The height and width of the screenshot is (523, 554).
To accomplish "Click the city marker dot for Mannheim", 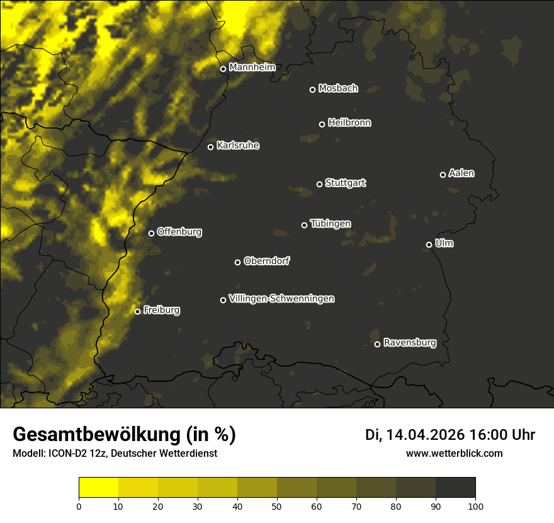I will [x=223, y=69].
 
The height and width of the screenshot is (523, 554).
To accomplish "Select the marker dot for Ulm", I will [x=429, y=244].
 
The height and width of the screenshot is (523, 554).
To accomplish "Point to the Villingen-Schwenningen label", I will [x=281, y=299].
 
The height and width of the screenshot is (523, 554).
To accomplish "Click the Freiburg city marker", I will [x=137, y=311].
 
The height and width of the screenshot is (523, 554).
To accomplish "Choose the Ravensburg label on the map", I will [x=409, y=343].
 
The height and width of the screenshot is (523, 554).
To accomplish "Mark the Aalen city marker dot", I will [x=443, y=175].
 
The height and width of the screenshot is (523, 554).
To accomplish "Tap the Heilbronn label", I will [x=349, y=123].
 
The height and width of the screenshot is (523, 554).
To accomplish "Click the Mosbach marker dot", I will [x=312, y=89].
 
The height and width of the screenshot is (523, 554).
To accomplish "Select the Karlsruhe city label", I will [x=237, y=146].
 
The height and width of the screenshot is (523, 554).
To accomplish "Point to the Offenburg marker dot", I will [x=151, y=233].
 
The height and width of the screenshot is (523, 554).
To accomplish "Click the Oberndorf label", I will [x=266, y=261].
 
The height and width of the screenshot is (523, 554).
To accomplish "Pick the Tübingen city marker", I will [x=304, y=225].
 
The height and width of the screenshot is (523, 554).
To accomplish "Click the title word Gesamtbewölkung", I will [x=95, y=434].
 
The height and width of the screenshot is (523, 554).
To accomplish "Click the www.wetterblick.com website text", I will [x=454, y=453].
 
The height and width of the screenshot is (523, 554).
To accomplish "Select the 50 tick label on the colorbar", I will [x=277, y=505].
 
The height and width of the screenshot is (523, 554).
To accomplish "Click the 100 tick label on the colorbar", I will [x=475, y=505].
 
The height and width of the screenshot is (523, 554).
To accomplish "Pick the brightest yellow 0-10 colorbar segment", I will [x=98, y=488].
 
